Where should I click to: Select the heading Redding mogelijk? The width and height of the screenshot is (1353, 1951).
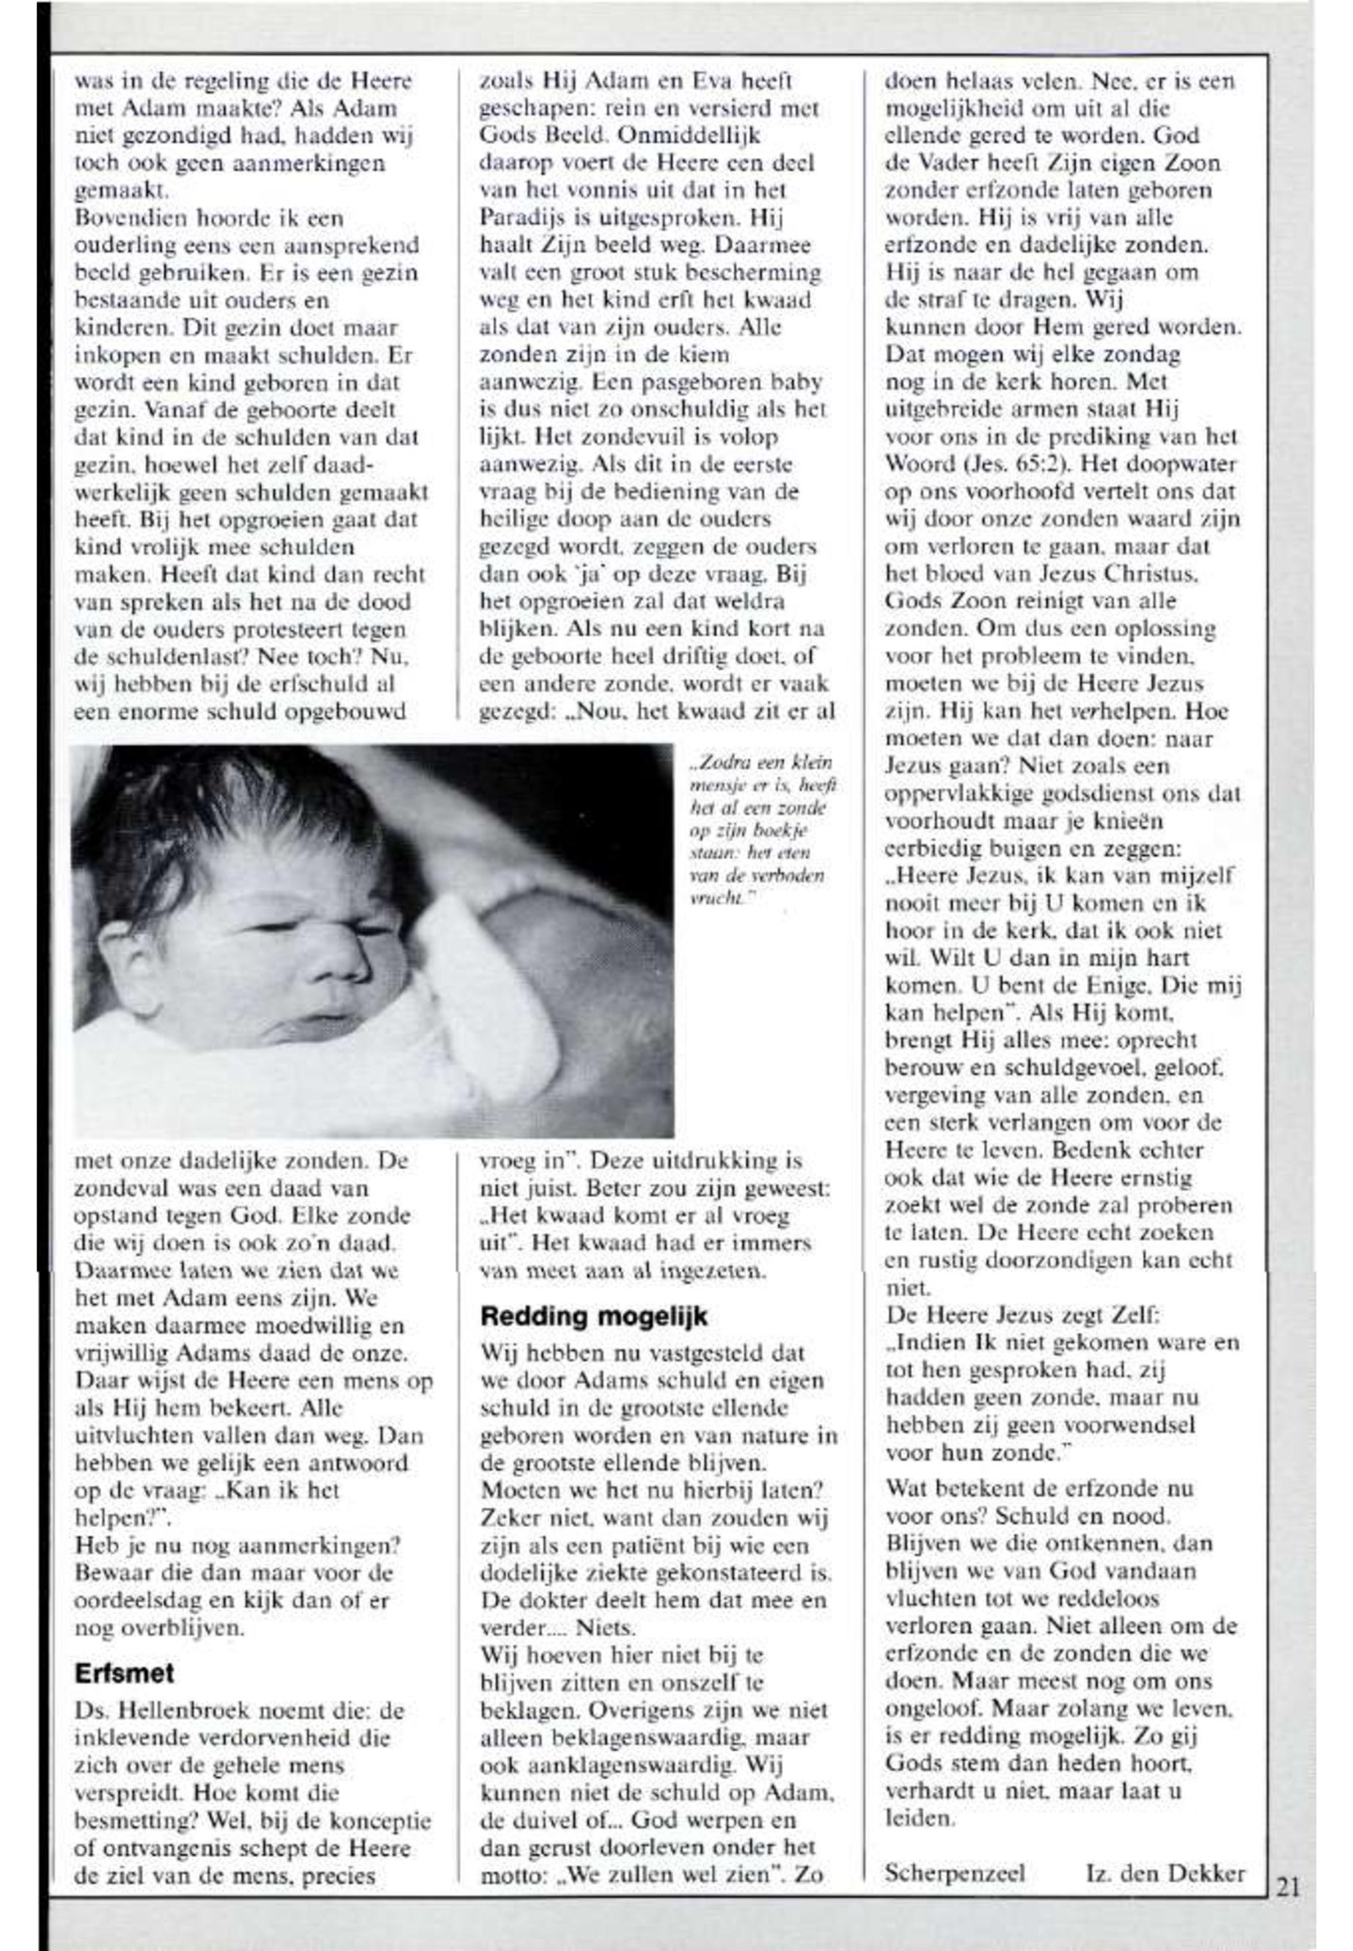tap(593, 1317)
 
